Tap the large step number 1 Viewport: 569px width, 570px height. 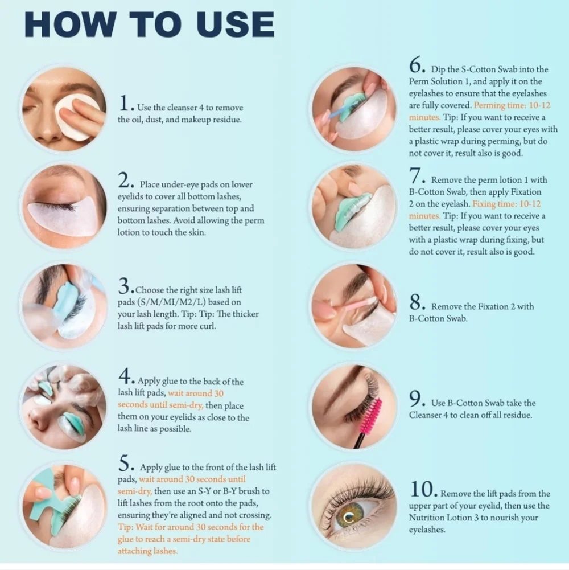click(124, 103)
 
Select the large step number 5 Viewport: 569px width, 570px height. click(124, 464)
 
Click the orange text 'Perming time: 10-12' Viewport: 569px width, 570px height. click(512, 105)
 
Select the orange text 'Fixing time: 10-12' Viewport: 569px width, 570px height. click(506, 204)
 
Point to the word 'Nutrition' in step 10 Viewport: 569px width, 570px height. click(427, 517)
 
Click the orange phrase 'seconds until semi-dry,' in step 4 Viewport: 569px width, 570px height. click(160, 405)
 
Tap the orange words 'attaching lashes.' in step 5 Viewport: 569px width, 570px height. click(147, 551)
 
